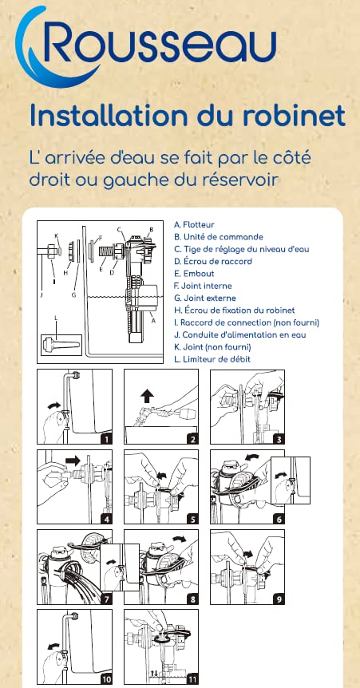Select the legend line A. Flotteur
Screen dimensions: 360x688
tap(194, 224)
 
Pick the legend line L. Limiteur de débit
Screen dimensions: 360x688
tap(212, 359)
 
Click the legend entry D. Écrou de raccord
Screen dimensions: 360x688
tap(213, 262)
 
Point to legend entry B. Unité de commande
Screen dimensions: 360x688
tap(219, 237)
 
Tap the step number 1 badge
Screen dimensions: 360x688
tap(106, 438)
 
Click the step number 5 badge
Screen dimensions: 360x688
tap(192, 519)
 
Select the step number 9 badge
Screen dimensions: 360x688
tap(279, 599)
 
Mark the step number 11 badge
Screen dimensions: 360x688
tap(192, 679)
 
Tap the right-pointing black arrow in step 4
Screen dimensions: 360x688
tap(73, 461)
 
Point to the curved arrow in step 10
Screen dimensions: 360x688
tap(54, 646)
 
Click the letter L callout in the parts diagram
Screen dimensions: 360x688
tap(56, 317)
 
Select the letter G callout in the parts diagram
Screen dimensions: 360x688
tap(74, 295)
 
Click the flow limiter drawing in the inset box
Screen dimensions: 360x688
tap(61, 343)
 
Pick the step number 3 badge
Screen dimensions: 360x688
tap(279, 438)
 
